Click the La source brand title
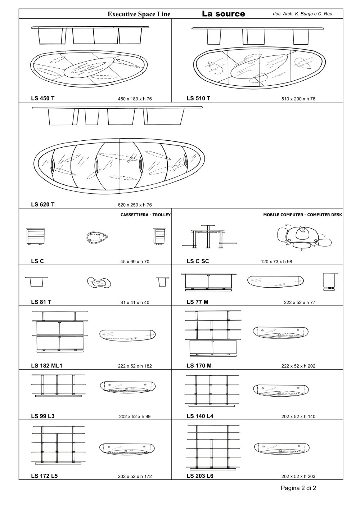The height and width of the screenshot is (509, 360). pyautogui.click(x=224, y=14)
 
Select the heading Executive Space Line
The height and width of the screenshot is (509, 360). pyautogui.click(x=139, y=14)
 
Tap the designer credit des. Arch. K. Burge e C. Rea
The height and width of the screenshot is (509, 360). pyautogui.click(x=302, y=14)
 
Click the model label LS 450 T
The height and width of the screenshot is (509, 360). pyautogui.click(x=43, y=98)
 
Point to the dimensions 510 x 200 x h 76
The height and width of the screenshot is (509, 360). pyautogui.click(x=298, y=99)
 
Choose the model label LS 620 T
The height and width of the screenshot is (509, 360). pyautogui.click(x=43, y=204)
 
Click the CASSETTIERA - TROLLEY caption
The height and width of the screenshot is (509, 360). pyautogui.click(x=145, y=215)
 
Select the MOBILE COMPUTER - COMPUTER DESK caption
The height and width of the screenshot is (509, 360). pyautogui.click(x=302, y=215)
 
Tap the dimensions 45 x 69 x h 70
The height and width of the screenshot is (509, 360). pyautogui.click(x=135, y=262)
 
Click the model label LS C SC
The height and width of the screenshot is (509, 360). pyautogui.click(x=198, y=261)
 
